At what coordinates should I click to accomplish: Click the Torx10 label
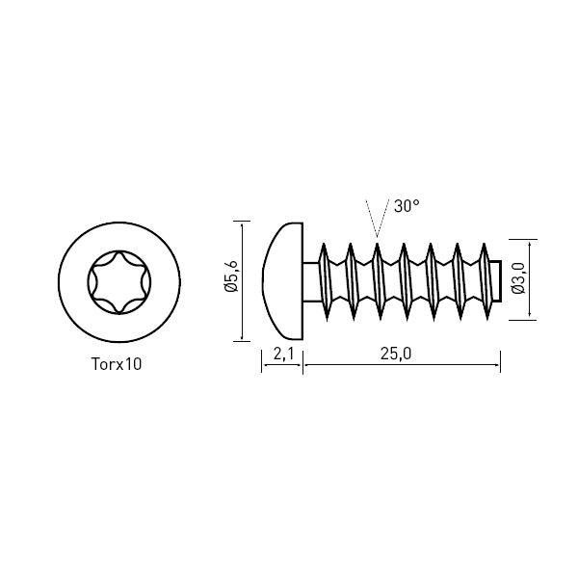[x=117, y=364]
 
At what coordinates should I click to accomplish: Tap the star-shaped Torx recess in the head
[x=119, y=282]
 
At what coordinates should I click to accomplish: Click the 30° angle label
[x=407, y=206]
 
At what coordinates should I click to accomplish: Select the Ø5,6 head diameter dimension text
[x=231, y=276]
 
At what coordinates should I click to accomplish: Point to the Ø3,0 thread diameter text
[x=518, y=278]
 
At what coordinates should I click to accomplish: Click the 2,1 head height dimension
[x=284, y=354]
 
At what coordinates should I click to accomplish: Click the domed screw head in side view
[x=282, y=281]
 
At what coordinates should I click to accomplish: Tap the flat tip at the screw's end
[x=497, y=281]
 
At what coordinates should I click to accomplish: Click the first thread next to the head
[x=324, y=281]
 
